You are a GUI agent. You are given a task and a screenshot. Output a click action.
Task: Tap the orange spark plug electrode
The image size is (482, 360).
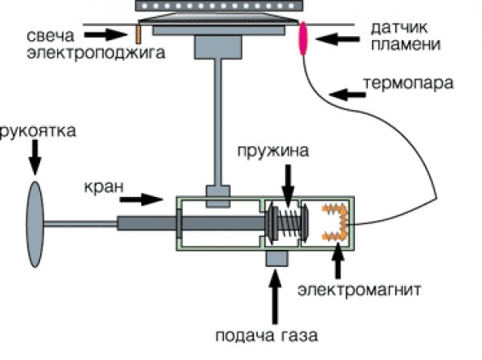tap(137, 34)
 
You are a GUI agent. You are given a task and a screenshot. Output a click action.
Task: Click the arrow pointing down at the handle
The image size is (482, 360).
tap(35, 160)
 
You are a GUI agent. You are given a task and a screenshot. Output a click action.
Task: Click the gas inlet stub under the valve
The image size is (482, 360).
tap(277, 260)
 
